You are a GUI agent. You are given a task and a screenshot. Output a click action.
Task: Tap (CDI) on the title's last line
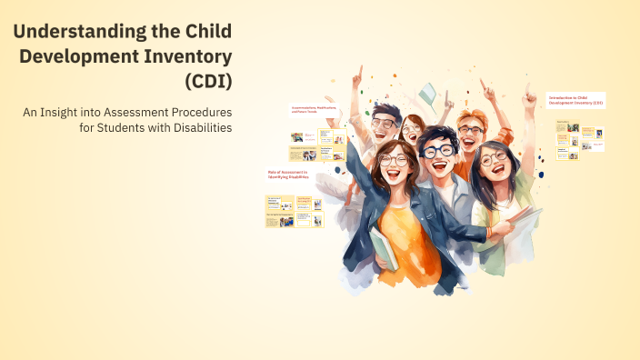tap(208, 80)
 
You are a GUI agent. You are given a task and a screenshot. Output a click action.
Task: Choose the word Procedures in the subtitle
tap(198, 111)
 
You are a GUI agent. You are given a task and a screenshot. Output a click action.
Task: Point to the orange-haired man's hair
tap(469, 119)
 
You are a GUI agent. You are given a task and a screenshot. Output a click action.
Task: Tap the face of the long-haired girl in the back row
tap(414, 133)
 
